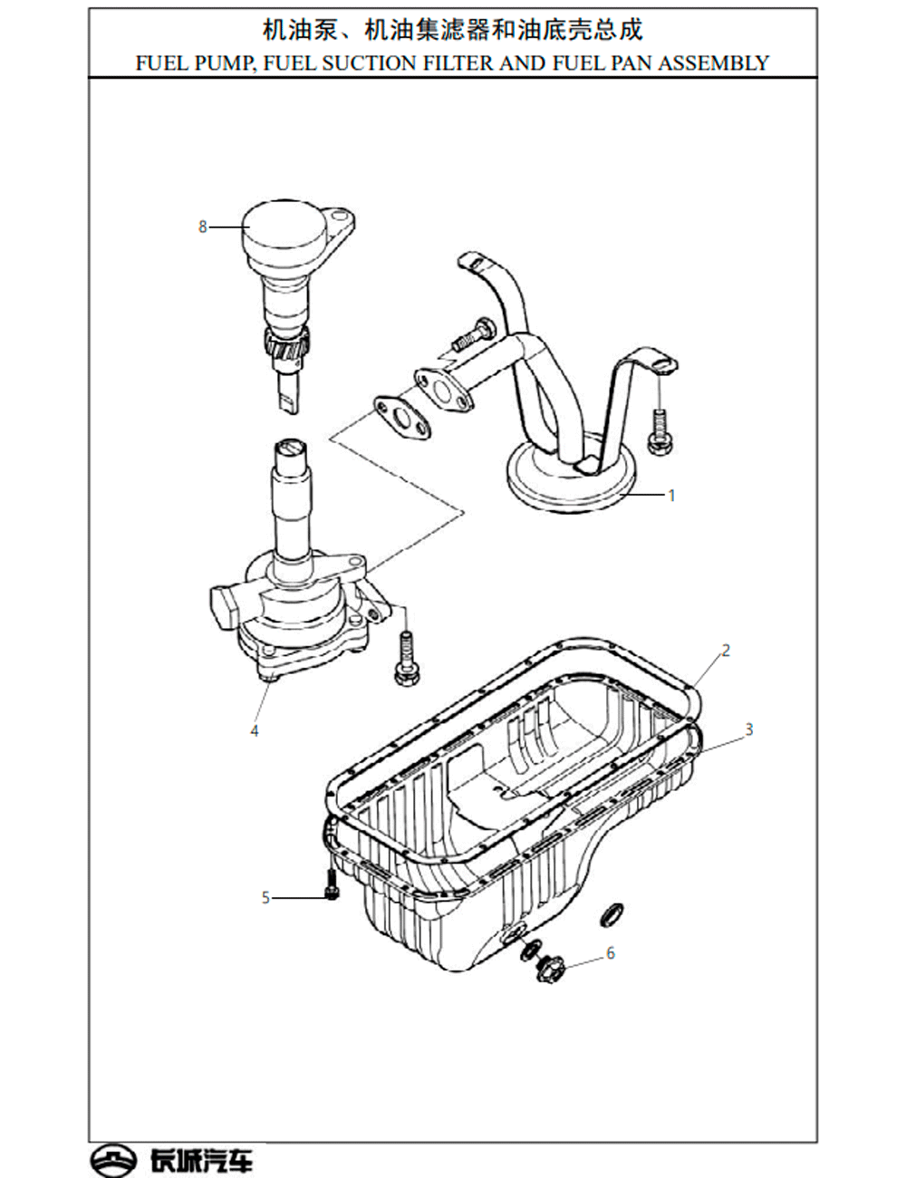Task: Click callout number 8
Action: point(203,227)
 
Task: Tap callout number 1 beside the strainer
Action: point(672,496)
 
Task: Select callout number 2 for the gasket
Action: point(726,650)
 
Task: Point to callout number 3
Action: point(749,729)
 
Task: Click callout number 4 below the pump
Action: point(255,730)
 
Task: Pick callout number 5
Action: point(265,898)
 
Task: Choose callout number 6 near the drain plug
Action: point(610,953)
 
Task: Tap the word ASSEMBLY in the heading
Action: point(714,63)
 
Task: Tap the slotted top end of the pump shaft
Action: point(292,449)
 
